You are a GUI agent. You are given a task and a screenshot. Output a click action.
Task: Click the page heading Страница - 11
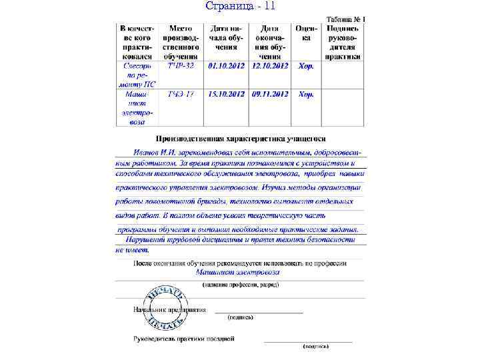point(240,7)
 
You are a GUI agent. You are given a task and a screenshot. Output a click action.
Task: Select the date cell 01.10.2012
point(226,67)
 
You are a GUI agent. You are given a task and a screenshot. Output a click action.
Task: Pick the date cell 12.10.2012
point(270,67)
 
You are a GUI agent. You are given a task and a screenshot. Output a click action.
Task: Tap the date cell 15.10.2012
point(226,95)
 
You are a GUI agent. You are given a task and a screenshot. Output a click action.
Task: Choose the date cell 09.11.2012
point(270,95)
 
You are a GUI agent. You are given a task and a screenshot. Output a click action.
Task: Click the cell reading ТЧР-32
point(181,67)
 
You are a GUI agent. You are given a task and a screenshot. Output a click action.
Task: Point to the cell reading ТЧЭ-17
point(181,95)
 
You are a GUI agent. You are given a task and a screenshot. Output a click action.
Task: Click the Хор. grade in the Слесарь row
point(306,67)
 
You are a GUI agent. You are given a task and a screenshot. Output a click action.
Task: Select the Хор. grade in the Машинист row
point(306,95)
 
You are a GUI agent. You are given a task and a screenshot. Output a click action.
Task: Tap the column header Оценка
point(305,33)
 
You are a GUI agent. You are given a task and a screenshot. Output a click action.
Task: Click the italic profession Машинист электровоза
point(238,272)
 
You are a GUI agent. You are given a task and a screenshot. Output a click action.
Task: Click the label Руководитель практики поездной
point(184,339)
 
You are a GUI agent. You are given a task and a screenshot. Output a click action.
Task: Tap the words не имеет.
point(132,250)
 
